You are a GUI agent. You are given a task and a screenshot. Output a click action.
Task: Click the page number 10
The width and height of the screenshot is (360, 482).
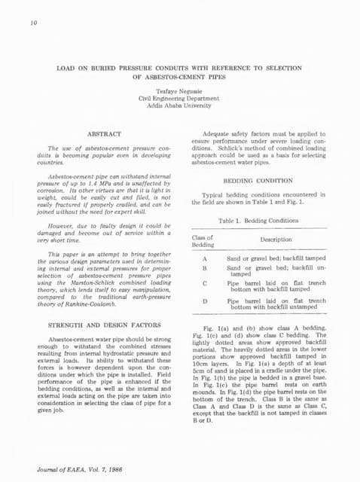point(33,23)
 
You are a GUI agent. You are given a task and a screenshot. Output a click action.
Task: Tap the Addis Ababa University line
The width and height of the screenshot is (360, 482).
point(180,106)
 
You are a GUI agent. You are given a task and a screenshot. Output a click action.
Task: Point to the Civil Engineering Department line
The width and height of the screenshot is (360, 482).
point(180,99)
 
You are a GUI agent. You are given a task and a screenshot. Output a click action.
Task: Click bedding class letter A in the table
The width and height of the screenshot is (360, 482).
point(205,258)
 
